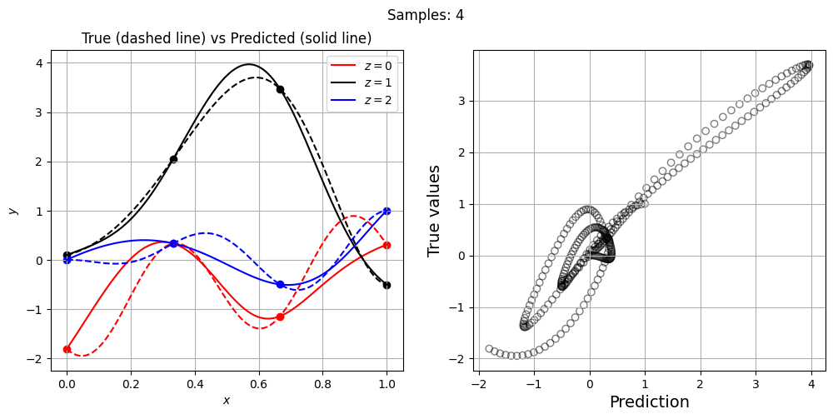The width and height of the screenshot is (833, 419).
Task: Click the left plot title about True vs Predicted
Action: (227, 38)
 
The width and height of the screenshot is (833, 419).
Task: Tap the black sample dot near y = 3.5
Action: (280, 89)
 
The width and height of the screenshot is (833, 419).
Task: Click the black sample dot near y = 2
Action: (173, 159)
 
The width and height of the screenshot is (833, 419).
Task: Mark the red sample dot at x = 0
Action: (67, 349)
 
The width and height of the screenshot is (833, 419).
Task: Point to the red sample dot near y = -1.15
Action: (280, 317)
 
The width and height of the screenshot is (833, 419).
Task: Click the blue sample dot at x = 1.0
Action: (387, 211)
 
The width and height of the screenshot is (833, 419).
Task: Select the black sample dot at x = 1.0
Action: (387, 285)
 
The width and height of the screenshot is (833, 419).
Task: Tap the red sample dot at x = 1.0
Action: (387, 245)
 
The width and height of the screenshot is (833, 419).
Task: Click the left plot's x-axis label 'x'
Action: (227, 401)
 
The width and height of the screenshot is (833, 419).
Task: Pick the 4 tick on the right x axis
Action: (811, 385)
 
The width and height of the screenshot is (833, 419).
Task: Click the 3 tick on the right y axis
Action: (461, 101)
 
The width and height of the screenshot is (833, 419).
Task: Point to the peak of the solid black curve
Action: (248, 64)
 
